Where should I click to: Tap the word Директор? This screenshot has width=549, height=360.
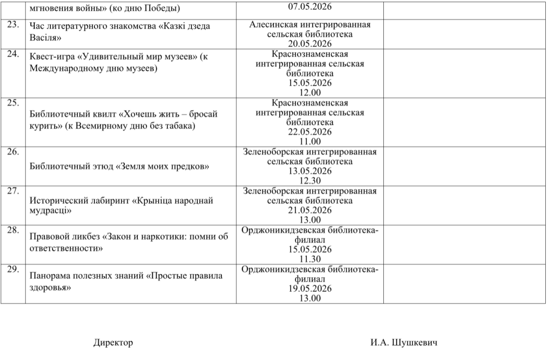coord(113,343)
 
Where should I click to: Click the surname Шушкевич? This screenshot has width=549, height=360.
coord(416,343)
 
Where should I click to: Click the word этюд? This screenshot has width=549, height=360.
coord(101,166)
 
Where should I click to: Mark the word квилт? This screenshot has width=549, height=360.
coord(104,114)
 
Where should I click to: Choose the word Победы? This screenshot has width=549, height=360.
coord(165,8)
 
